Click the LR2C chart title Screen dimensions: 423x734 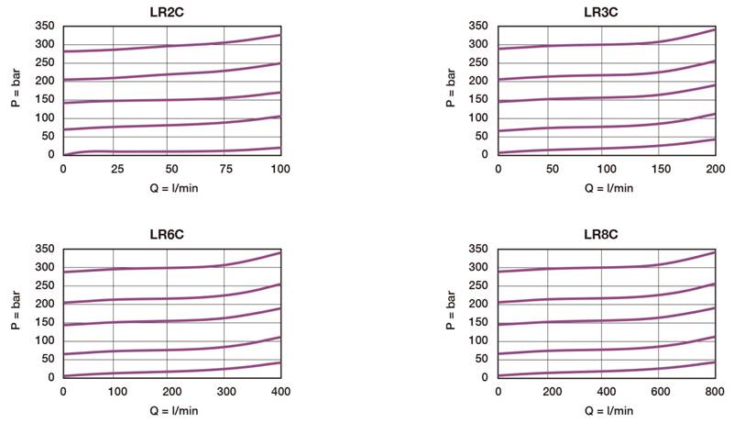point(171,11)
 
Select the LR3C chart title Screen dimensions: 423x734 point(607,11)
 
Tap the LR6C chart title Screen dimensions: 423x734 point(171,234)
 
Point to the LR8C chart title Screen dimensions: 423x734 point(607,234)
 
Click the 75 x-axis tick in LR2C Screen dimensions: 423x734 point(226,169)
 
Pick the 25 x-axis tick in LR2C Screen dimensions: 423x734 point(117,169)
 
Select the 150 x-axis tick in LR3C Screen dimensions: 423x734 point(662,169)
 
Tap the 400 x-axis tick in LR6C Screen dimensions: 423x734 point(280,392)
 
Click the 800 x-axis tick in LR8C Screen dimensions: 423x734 point(716,392)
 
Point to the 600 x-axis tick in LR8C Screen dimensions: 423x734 point(662,392)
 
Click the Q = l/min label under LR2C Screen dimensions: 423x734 point(171,188)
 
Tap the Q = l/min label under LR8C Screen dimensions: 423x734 point(607,411)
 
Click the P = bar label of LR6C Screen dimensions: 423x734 point(16,313)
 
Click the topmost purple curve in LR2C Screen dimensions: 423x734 point(171,46)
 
